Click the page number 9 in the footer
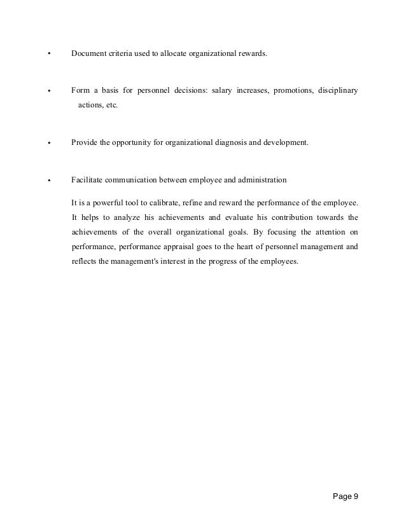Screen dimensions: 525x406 (356, 496)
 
